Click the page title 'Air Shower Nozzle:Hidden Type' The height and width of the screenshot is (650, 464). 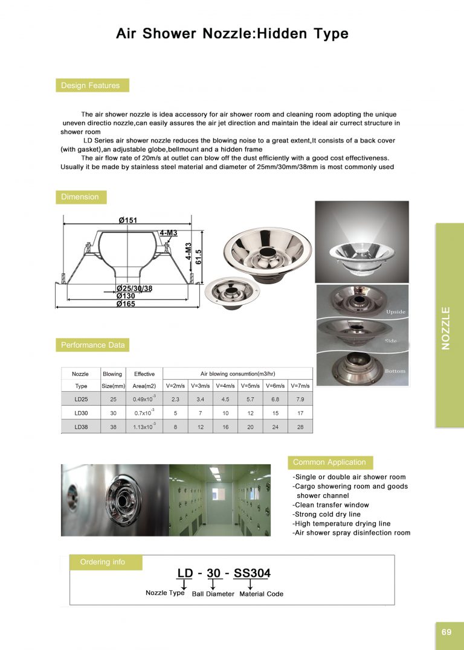point(232,34)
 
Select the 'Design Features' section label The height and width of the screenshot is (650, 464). point(91,86)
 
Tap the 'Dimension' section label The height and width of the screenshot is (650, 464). point(80,197)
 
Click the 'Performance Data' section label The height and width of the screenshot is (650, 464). point(92,345)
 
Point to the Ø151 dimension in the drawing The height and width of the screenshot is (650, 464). point(128,220)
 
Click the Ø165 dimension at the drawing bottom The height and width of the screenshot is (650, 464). point(126,304)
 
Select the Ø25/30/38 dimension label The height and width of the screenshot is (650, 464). point(134,288)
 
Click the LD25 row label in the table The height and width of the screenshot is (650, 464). point(81,399)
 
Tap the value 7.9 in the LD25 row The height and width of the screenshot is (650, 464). point(300,399)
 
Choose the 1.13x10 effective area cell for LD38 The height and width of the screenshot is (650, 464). point(144,427)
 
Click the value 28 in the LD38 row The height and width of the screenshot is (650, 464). point(300,427)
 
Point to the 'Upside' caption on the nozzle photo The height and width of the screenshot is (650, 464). point(396,312)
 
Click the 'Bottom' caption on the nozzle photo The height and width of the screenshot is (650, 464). point(395,371)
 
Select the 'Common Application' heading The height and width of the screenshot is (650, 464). point(329,462)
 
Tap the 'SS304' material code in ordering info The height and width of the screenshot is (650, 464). point(252,573)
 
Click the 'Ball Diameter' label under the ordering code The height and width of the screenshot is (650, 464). point(213,594)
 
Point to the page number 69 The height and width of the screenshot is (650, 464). point(446,632)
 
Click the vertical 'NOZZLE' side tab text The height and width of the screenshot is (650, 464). point(446,328)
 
